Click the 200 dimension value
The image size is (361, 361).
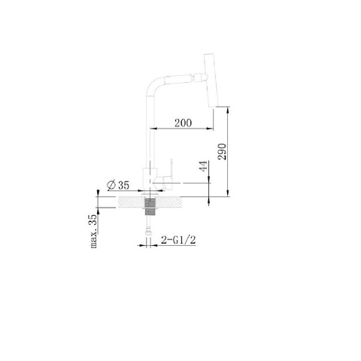tap(183, 123)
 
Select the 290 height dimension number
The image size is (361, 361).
tap(222, 152)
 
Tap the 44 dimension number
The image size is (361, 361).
tap(204, 166)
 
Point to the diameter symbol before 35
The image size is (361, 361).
tap(111, 185)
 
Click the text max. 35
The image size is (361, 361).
tap(93, 231)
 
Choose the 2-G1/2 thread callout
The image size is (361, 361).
tap(178, 241)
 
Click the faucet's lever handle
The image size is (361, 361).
tap(168, 174)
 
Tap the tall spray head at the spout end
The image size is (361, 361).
tap(212, 80)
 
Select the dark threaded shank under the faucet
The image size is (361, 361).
tap(150, 207)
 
